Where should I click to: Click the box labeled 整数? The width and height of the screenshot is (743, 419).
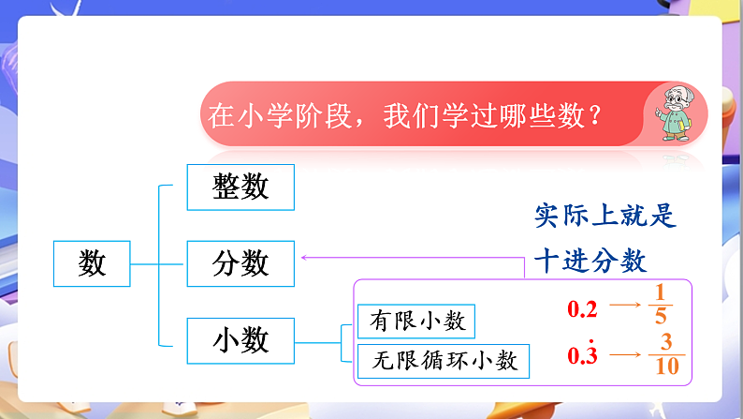tap(241, 187)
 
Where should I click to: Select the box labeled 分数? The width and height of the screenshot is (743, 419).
tap(241, 263)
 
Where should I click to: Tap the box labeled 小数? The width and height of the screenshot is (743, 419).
tap(241, 339)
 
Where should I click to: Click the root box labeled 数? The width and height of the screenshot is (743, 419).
tap(92, 263)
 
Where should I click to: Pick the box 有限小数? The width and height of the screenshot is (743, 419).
tap(416, 321)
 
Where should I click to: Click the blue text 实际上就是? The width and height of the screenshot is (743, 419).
tap(605, 216)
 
